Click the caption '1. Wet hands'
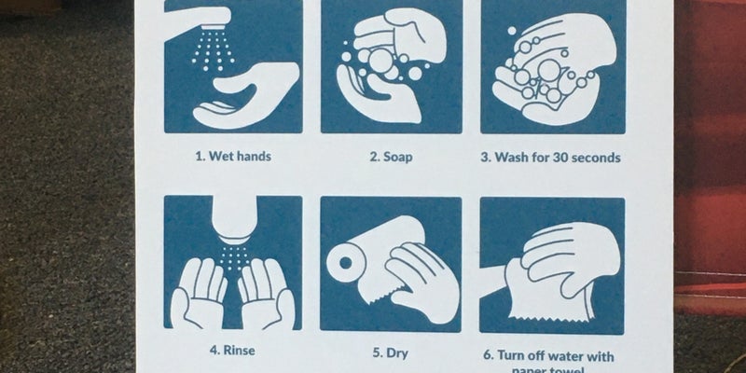pos(233,156)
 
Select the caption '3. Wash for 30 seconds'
pos(550,158)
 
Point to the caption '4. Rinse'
pos(232,351)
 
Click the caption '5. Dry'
pos(390,353)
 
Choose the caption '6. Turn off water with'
pos(551,355)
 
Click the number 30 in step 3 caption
pos(556,158)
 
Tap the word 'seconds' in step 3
pos(594,158)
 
